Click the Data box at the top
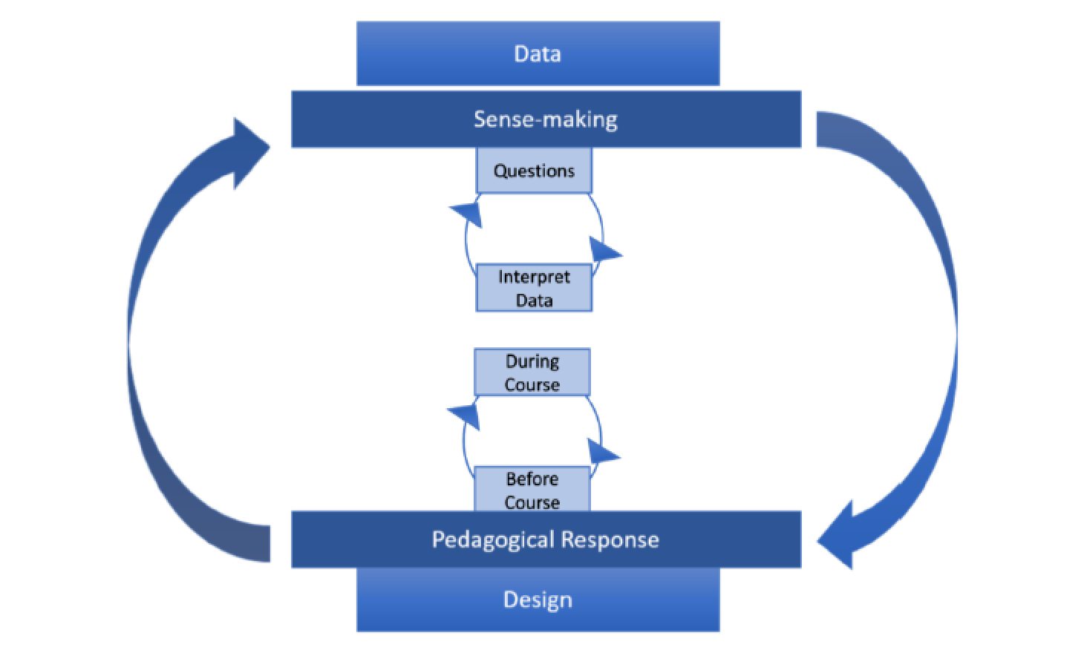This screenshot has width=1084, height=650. click(538, 53)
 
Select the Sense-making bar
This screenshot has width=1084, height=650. click(546, 119)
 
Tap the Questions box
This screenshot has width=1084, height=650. click(534, 171)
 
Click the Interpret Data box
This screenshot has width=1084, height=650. click(534, 288)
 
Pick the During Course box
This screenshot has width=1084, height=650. click(532, 372)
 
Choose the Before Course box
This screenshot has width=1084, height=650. click(532, 490)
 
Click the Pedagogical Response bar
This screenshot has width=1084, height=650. click(546, 539)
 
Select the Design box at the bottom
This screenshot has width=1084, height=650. click(538, 600)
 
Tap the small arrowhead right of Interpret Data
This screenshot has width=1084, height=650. click(604, 250)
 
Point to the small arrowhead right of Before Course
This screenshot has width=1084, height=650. click(601, 451)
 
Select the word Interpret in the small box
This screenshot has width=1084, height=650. click(534, 277)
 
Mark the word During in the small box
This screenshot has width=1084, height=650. click(532, 361)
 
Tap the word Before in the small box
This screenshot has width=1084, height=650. click(532, 479)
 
